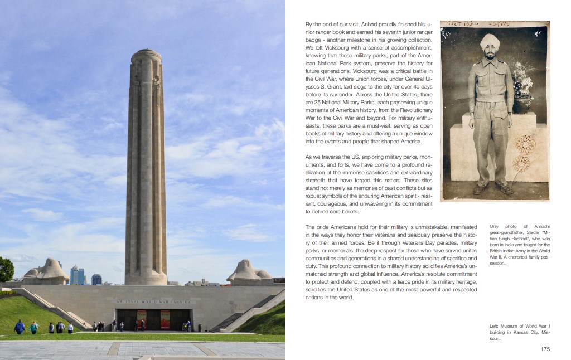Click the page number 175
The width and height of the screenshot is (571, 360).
coord(545,349)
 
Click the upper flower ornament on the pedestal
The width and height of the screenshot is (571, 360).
coord(524,144)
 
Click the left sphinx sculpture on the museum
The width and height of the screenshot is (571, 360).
coord(46,271)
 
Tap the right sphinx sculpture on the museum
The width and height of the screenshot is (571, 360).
coord(249,271)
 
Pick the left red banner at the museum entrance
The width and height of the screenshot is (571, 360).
coord(142,319)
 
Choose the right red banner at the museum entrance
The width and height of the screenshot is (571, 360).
coord(165,319)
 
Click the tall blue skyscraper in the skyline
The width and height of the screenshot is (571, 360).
coord(75,275)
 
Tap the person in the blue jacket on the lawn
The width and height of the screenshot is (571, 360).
coord(20,327)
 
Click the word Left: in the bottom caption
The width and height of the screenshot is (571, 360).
coord(495,325)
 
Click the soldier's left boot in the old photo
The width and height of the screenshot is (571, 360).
coord(506,189)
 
